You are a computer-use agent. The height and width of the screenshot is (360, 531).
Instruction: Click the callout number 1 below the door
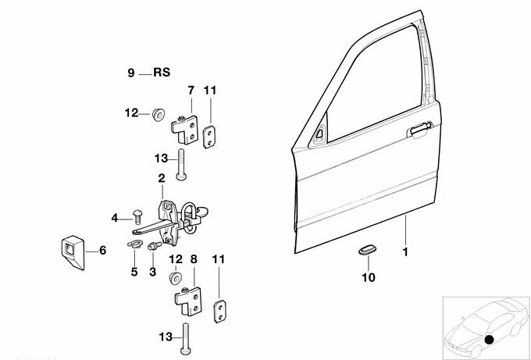tap(405, 253)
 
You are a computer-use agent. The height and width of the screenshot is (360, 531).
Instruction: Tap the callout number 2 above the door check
tap(162, 178)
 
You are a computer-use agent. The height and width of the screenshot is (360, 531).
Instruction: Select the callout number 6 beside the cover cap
tap(101, 251)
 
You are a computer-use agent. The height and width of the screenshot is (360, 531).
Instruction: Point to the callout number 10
tap(369, 277)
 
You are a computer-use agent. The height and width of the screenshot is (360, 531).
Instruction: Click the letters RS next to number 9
tap(161, 73)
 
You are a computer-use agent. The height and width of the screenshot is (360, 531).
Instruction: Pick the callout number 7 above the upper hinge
tap(190, 91)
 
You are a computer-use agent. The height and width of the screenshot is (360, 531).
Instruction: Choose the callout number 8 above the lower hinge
tap(194, 257)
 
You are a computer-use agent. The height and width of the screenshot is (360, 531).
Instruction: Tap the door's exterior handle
tap(419, 128)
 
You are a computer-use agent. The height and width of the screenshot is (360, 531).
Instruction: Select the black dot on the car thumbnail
tap(490, 339)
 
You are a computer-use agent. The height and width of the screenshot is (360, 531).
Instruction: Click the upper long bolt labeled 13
tap(181, 163)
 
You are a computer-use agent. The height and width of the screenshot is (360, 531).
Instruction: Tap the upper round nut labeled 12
tap(156, 114)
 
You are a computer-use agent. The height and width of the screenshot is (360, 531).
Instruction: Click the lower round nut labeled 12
tap(175, 277)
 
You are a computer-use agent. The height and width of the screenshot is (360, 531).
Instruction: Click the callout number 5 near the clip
tap(134, 273)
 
